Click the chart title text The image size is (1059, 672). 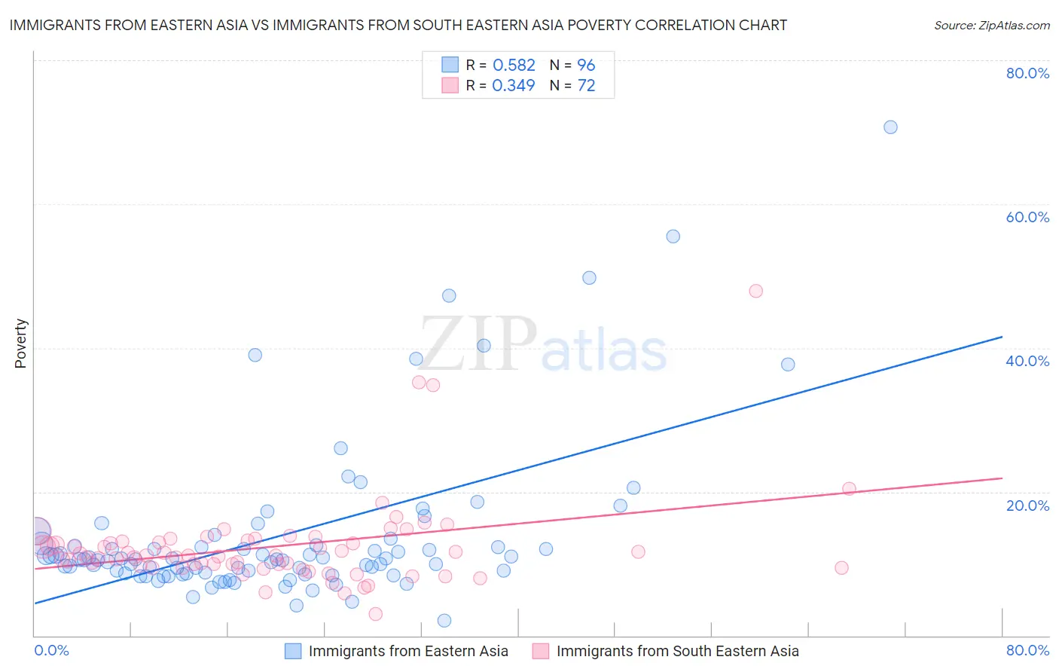(398, 25)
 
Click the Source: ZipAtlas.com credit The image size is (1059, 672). (991, 25)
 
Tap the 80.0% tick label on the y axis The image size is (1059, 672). (1027, 73)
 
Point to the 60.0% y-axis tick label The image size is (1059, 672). (1027, 217)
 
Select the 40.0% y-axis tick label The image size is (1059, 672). (1027, 361)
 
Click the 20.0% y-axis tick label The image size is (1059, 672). (1027, 505)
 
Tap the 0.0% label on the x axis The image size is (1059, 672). (51, 650)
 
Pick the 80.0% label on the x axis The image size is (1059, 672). (1027, 650)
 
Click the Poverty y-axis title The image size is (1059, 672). (20, 344)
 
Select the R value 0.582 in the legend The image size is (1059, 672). (514, 65)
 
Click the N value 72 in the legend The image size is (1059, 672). (586, 85)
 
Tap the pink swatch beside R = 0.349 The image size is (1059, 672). (450, 85)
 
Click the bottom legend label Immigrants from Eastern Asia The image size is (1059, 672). (408, 651)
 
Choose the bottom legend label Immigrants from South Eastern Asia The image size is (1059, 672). (677, 651)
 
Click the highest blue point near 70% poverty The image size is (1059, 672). (890, 127)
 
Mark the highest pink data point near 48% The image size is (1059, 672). (755, 291)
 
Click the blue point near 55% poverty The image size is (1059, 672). (673, 237)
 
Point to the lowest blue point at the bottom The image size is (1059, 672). (444, 621)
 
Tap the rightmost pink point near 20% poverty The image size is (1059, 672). (849, 488)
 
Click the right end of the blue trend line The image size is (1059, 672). (1002, 337)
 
